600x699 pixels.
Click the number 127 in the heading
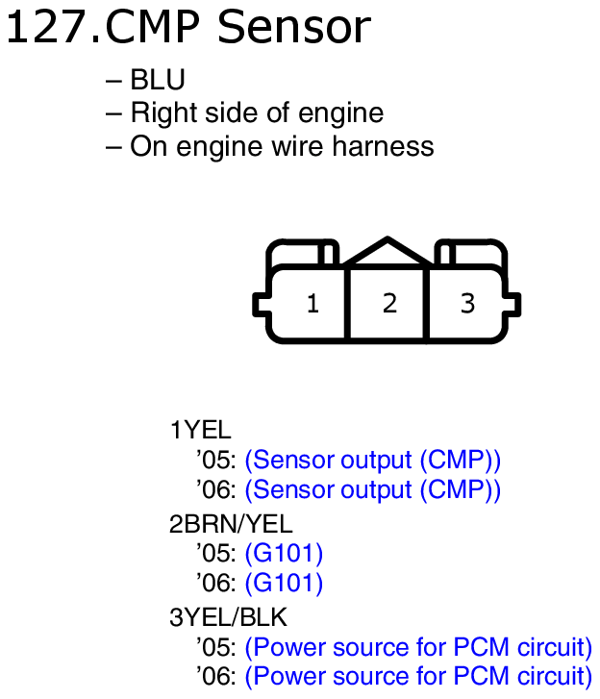[46, 28]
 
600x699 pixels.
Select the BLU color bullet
[157, 81]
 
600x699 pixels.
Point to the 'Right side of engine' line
[257, 113]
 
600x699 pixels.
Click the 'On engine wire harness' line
[282, 146]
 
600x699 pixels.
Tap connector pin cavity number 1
[312, 304]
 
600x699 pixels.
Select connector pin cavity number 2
[389, 304]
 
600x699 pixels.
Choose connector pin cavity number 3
[467, 304]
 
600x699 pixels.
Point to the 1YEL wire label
[200, 430]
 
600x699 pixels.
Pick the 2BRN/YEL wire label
[231, 524]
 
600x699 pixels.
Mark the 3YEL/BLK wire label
[229, 615]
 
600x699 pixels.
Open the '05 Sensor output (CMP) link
[373, 460]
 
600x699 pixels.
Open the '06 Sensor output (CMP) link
[373, 489]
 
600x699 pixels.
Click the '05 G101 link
[284, 553]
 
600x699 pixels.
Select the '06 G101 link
[284, 583]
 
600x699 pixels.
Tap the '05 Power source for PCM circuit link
[418, 646]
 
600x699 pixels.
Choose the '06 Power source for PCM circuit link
[418, 676]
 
